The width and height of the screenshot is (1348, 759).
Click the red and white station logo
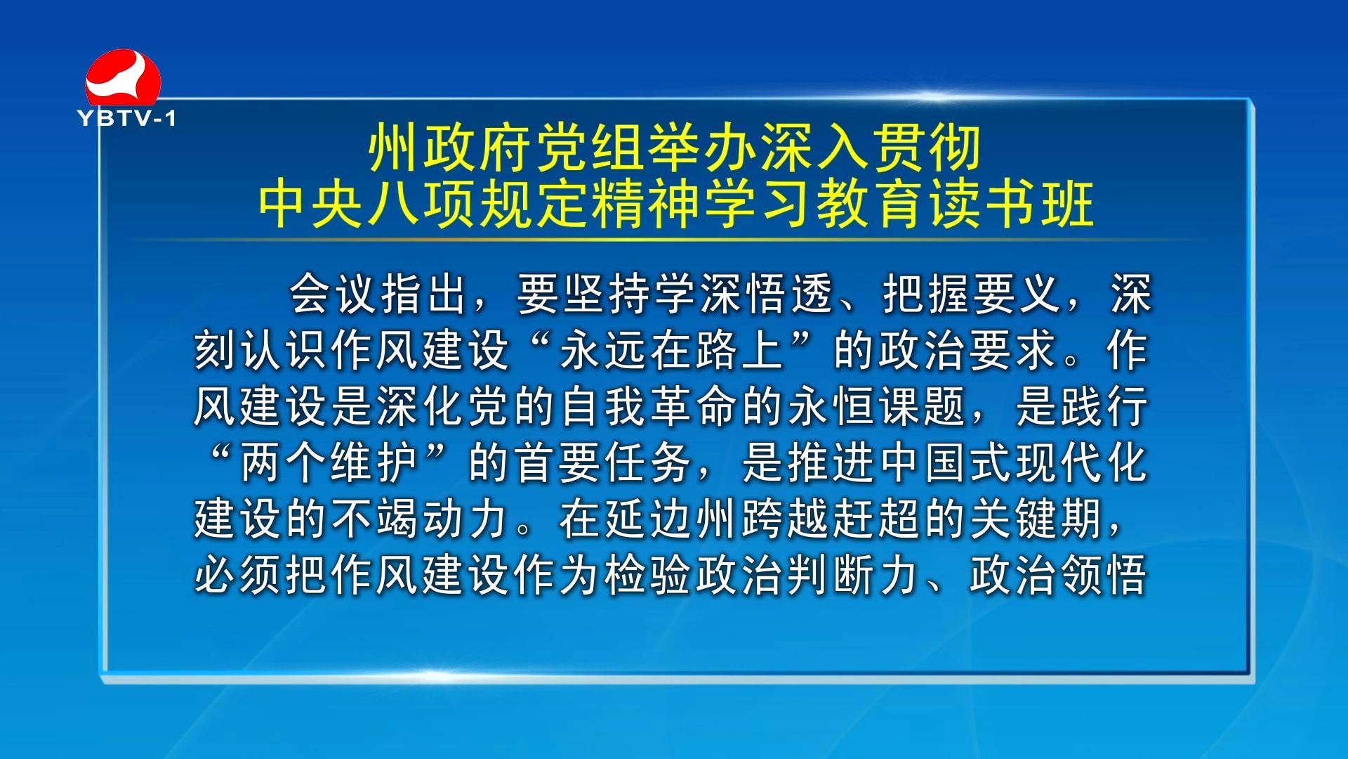click(x=123, y=77)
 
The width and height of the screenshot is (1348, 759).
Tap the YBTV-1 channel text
click(x=126, y=118)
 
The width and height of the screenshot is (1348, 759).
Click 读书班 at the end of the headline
click(x=1011, y=204)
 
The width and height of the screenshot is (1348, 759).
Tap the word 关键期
click(x=1036, y=519)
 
